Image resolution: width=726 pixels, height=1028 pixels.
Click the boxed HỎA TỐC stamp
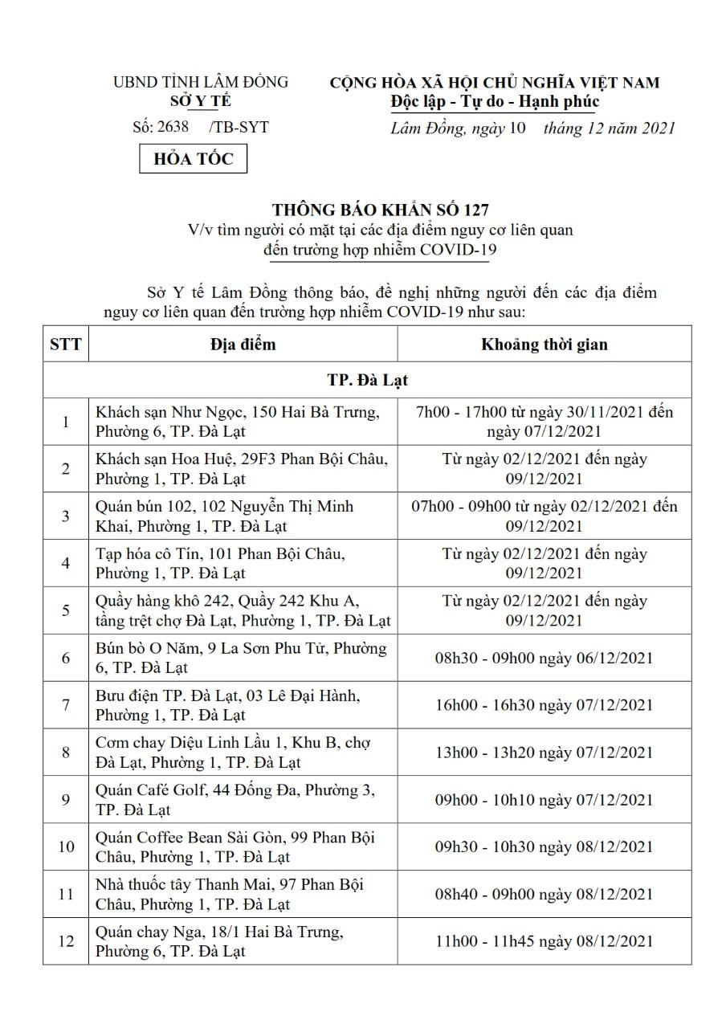(194, 159)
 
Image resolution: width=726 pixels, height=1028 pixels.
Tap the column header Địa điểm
(243, 344)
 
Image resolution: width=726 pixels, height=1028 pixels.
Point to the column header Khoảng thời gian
(544, 345)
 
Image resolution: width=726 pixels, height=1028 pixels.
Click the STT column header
(66, 345)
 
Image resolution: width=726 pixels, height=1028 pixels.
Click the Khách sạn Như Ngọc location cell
(243, 422)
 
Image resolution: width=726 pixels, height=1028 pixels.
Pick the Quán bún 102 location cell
(243, 516)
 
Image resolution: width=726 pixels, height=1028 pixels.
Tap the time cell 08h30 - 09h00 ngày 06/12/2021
(544, 658)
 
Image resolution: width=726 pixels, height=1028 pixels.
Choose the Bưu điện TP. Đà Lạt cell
(243, 705)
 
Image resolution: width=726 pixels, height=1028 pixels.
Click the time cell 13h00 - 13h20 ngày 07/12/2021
(544, 753)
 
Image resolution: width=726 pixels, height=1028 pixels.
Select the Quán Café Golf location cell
(243, 799)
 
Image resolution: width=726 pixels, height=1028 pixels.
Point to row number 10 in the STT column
(66, 846)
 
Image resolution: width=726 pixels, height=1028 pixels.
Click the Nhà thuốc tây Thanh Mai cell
(243, 894)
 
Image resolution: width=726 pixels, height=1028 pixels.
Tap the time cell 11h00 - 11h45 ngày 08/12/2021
(544, 941)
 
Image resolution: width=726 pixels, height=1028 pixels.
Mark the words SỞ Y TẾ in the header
(201, 101)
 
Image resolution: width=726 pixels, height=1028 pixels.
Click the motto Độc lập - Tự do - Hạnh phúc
(495, 102)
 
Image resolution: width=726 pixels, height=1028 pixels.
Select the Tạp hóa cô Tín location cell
(243, 563)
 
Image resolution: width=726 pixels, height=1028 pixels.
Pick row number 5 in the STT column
(66, 610)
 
